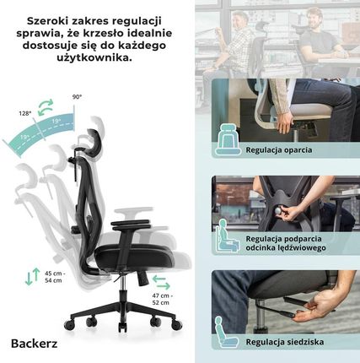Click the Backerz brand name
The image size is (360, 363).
35,344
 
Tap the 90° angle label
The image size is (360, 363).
77,97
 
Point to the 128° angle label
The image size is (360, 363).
24,113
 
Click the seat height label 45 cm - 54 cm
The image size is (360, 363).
55,277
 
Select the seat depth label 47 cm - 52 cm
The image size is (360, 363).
163,299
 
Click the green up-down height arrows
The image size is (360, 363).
32,277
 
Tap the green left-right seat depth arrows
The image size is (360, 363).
161,283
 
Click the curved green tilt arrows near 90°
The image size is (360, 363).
46,107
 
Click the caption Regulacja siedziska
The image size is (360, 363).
285,342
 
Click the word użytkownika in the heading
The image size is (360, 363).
94,57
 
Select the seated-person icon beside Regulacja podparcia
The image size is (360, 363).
228,236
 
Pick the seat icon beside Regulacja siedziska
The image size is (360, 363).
227,333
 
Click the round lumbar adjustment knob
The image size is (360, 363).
278,210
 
